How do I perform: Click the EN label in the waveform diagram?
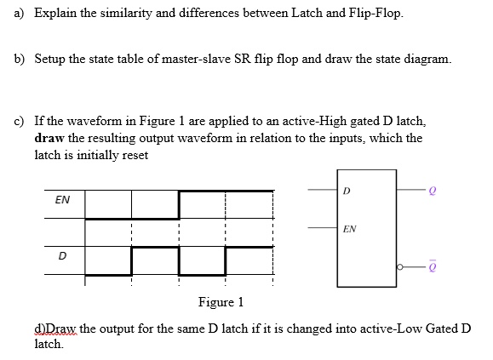point(62,200)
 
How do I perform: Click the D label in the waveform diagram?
point(62,256)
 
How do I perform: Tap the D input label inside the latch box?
point(347,191)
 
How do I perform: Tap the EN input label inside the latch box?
point(350,229)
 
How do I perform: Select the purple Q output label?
point(433,191)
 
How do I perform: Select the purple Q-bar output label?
point(432,266)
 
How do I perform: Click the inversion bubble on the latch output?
point(399,267)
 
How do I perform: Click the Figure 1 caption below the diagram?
point(221,302)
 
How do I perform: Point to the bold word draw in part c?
point(49,138)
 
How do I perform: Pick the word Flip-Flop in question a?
point(375,14)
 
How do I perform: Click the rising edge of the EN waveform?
point(179,204)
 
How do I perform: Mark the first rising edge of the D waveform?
point(131,261)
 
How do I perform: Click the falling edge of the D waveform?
point(179,261)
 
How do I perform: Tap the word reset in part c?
point(135,155)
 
